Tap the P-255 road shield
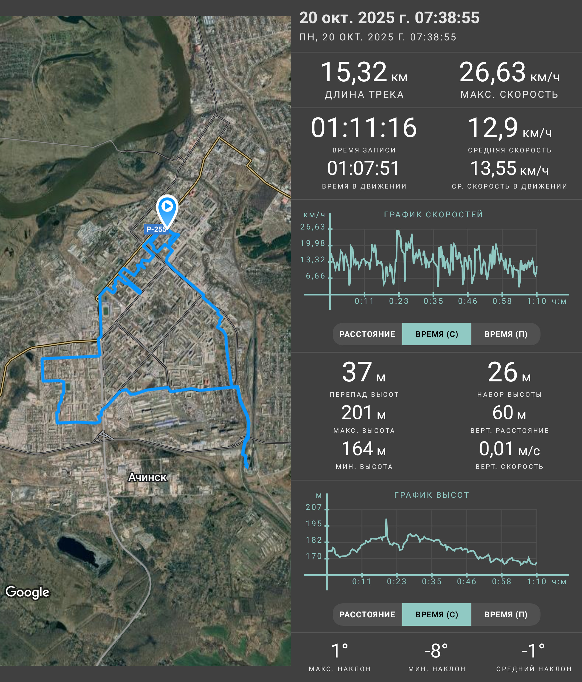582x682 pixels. pos(156,229)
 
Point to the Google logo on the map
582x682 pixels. pos(27,592)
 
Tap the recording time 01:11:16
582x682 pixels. pos(364,127)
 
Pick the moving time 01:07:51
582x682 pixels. pos(363,168)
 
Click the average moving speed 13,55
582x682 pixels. pos(493,168)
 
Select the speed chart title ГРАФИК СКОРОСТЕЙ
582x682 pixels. pos(434,215)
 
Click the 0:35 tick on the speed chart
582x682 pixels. pos(433,301)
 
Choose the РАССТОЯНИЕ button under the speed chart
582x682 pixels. pos(367,334)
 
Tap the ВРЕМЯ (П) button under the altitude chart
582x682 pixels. pos(506,614)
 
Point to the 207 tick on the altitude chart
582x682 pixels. pos(313,507)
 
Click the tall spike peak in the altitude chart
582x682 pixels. pos(386,519)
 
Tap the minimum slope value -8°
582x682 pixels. pos(436,651)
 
